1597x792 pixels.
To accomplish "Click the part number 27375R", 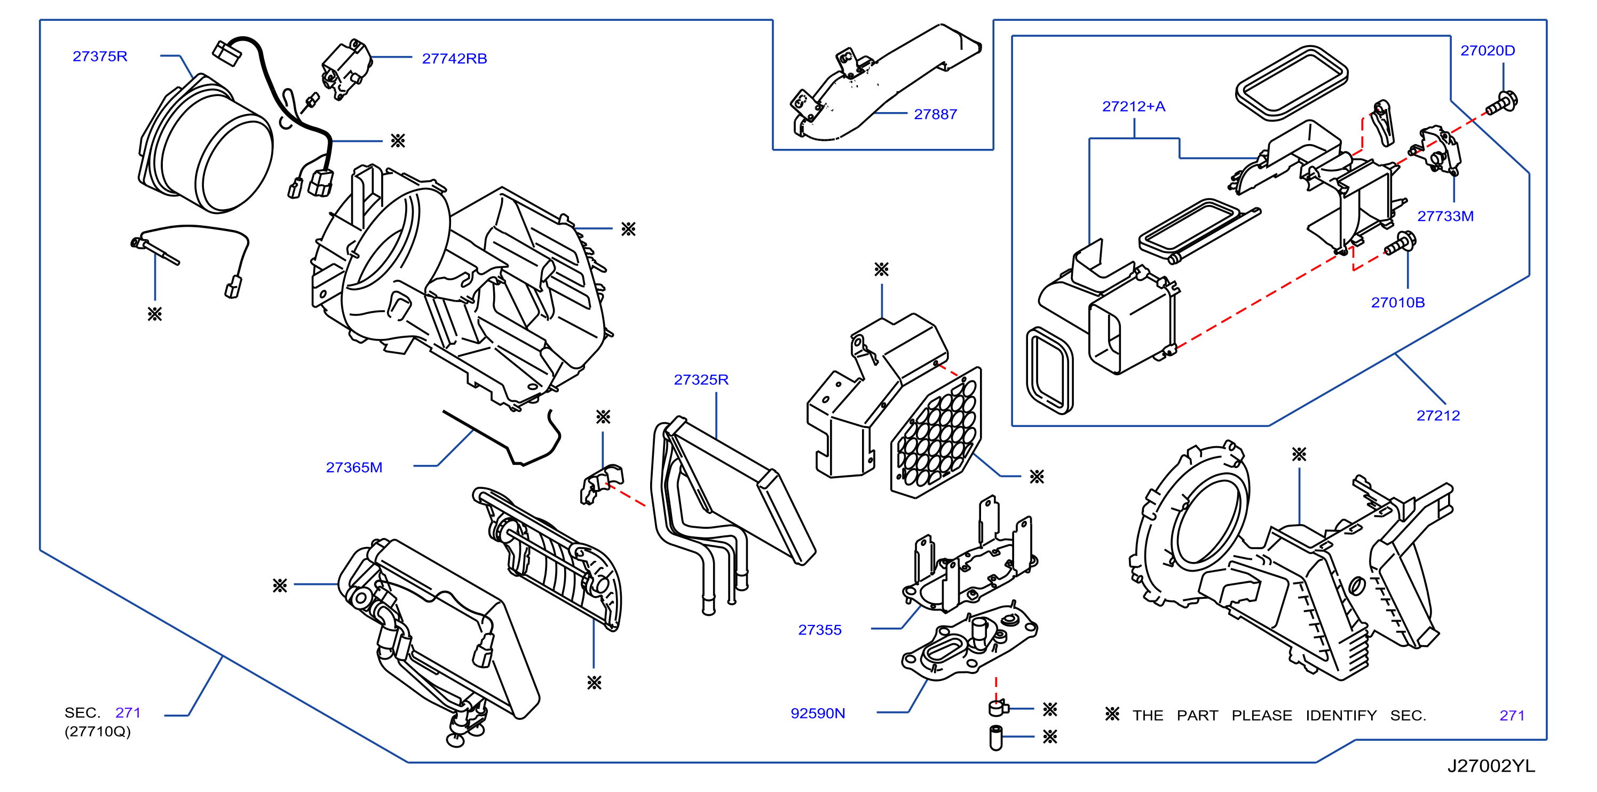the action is click(x=100, y=57).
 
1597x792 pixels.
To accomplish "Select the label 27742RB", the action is click(x=454, y=59).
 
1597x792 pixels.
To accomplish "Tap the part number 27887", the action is click(x=936, y=115).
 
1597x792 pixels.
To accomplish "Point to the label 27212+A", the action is click(x=1133, y=107).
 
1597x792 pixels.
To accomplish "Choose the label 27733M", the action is click(x=1445, y=216).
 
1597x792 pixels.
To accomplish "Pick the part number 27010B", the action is click(x=1397, y=303).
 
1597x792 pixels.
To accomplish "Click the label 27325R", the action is click(x=701, y=380).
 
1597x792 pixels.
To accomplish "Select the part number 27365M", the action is click(x=354, y=468).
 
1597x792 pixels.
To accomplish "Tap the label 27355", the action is click(x=819, y=630).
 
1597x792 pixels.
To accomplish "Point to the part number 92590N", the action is click(x=818, y=714).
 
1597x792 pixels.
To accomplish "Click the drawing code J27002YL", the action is click(x=1491, y=766).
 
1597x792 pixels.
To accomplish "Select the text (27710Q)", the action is click(x=97, y=732).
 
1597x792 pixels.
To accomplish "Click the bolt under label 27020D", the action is click(x=1502, y=103).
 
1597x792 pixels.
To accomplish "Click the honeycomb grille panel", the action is click(x=936, y=433).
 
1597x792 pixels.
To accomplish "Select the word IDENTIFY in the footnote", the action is click(x=1341, y=716).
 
